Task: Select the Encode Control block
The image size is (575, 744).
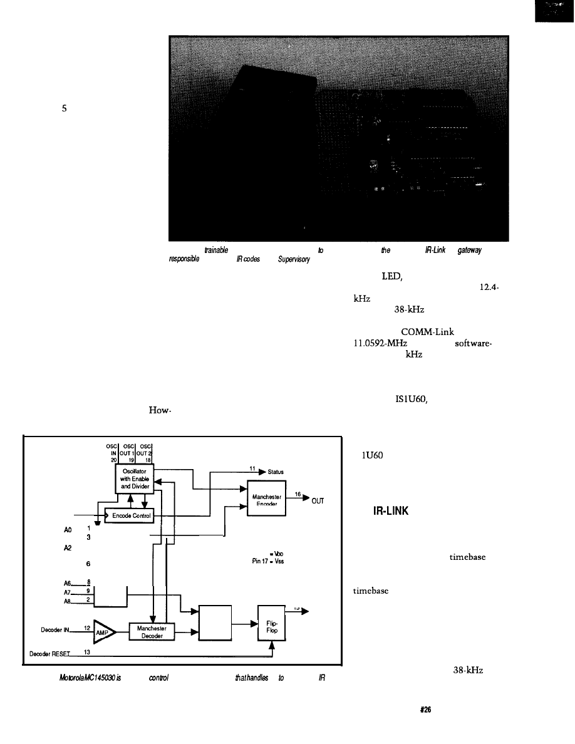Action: coord(129,516)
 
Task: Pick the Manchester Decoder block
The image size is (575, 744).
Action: coord(152,632)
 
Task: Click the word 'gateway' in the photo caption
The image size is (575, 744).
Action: coord(466,250)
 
